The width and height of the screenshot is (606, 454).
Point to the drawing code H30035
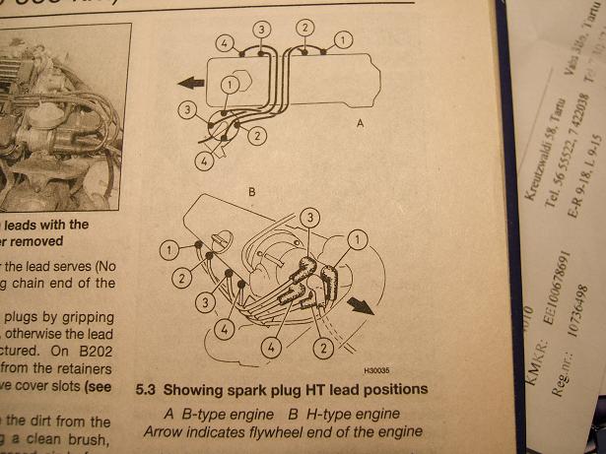tap(377, 372)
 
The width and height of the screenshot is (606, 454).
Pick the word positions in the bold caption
tap(394, 390)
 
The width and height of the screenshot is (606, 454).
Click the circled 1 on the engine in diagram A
tap(230, 85)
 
